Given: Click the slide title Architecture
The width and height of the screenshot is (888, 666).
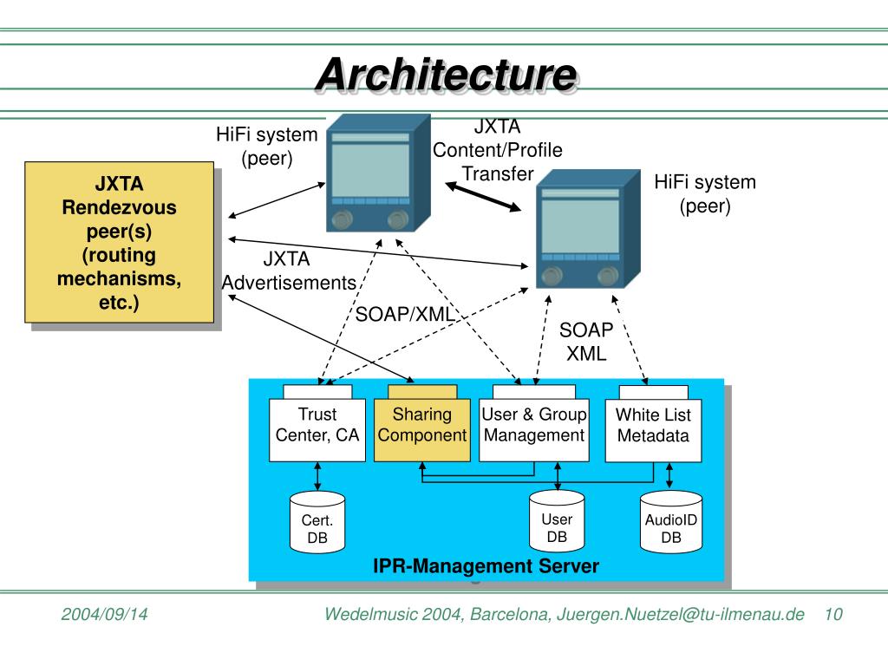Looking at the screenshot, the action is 447,75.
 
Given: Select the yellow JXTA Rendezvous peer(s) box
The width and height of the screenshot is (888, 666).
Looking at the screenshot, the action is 119,243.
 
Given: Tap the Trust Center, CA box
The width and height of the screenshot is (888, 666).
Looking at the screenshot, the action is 317,430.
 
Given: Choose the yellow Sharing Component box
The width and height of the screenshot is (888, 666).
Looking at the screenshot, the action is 422,430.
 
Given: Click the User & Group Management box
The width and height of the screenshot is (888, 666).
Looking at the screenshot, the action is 534,430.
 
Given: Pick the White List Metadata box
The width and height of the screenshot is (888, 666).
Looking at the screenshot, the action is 654,430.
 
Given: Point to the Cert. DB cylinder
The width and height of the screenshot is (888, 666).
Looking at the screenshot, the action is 317,522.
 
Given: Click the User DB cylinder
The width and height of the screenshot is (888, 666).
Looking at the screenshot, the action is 557,521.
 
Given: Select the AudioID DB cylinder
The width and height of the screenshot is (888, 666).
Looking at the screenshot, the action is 671,521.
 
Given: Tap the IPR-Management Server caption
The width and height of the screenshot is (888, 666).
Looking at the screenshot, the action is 486,565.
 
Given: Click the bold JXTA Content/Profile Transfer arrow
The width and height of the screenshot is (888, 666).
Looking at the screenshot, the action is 483,197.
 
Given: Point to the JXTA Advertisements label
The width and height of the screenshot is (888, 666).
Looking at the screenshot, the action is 289,271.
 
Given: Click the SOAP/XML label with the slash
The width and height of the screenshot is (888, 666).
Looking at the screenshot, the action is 405,314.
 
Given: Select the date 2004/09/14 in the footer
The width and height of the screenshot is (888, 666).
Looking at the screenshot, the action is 104,614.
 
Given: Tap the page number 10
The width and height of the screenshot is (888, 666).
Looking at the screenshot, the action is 833,614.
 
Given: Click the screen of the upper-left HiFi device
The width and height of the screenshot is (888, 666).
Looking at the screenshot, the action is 370,170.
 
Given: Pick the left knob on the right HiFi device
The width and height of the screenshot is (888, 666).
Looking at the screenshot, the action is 552,277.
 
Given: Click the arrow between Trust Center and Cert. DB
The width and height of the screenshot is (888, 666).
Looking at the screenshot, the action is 317,476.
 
